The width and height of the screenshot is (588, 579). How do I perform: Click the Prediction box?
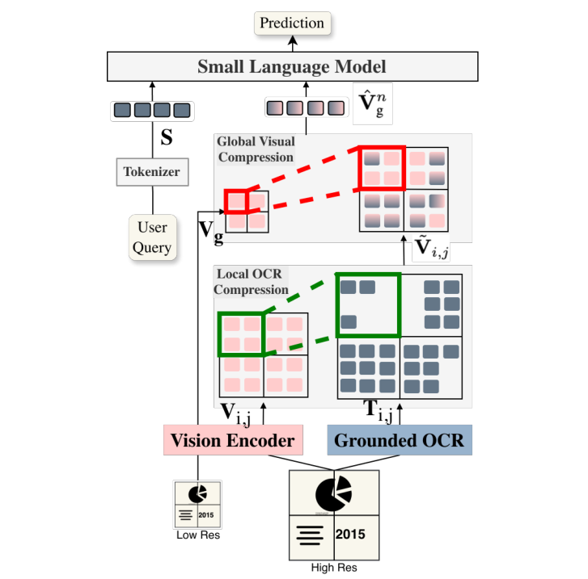[293, 23]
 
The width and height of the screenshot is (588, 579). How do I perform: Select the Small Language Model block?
[292, 67]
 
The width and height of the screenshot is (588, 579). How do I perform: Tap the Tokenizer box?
[152, 171]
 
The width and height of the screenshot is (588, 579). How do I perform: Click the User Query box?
[152, 237]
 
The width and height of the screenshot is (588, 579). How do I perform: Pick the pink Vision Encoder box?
[232, 441]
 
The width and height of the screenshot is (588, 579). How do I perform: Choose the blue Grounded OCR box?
[399, 441]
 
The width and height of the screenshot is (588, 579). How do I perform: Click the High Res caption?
[333, 568]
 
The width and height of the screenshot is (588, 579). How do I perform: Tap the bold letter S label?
[167, 138]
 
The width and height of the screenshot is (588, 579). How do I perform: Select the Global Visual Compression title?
[256, 149]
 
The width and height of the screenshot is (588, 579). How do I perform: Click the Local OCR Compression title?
[251, 282]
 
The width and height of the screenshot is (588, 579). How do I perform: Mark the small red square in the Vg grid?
[235, 200]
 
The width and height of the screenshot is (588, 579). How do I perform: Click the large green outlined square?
[368, 305]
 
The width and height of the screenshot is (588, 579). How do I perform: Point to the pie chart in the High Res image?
[333, 493]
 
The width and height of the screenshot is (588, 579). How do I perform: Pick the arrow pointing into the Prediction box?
[293, 42]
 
